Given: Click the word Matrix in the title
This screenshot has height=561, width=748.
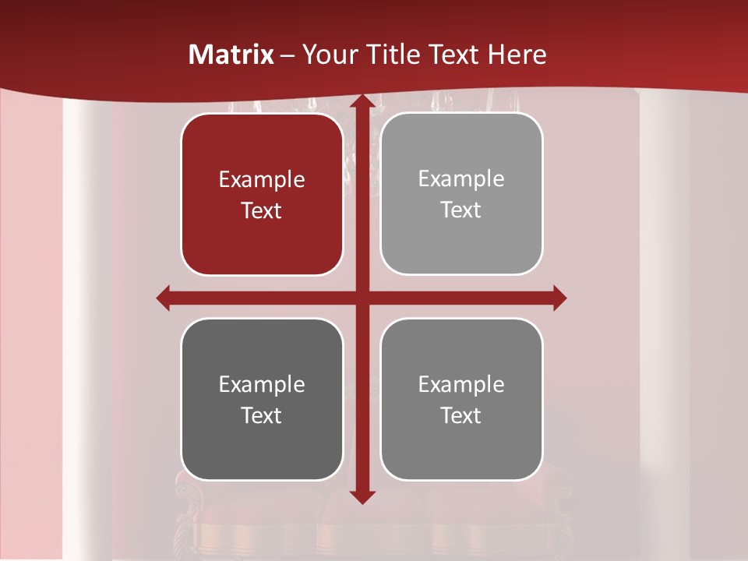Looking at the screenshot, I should coord(231,55).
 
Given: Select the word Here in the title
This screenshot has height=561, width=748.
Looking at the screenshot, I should coord(517,55).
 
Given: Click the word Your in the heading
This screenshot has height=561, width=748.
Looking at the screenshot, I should coord(330,55).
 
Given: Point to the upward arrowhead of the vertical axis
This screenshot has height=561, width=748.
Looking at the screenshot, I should coord(362,102).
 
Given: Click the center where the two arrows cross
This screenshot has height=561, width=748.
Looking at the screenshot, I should coord(362,298).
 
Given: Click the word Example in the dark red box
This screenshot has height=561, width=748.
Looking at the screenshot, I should coord(262,179).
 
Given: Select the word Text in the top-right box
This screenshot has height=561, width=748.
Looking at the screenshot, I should coord(461,210).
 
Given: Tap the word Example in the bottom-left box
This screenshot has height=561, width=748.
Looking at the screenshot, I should coord(262,384).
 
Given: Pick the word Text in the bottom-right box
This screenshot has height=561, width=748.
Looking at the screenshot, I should coord(461,415).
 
